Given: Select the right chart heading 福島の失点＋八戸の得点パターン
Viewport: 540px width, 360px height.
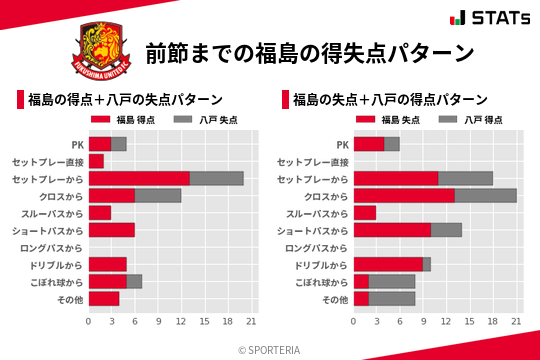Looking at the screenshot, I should tap(391, 100).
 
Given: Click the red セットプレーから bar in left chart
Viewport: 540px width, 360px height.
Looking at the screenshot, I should tap(139, 178).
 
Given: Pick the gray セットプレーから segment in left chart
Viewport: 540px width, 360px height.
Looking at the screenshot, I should tap(216, 178).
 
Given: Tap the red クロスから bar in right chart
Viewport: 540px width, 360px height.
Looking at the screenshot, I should tap(404, 195).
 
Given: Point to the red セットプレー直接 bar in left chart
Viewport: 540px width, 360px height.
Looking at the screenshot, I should tap(96, 161).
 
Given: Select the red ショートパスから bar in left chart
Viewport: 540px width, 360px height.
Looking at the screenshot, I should tap(111, 230).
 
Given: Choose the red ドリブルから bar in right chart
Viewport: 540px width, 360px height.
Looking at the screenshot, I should tap(388, 264).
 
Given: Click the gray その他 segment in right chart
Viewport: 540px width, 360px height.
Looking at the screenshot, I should tap(392, 298).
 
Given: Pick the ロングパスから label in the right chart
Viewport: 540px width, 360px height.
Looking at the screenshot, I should tap(317, 247).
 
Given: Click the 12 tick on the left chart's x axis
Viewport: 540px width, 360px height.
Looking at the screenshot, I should tap(181, 322).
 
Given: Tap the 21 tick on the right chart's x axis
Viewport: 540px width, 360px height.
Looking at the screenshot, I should tap(517, 322).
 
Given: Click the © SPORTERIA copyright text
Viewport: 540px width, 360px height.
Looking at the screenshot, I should tap(270, 349).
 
